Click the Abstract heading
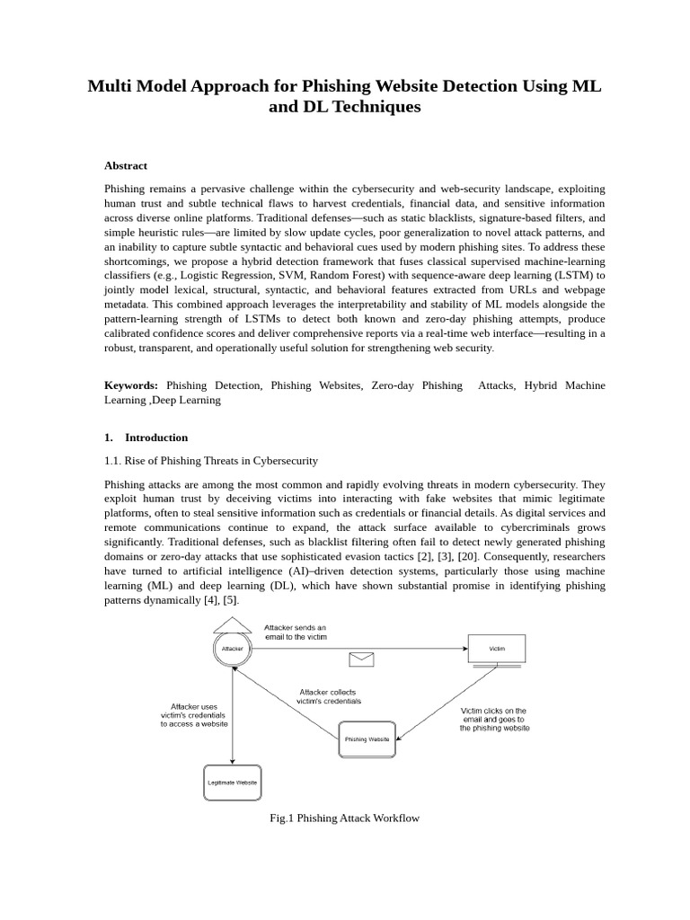click(x=126, y=165)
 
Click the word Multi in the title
click(x=111, y=86)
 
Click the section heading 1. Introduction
click(x=146, y=438)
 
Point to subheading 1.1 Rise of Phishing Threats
click(x=211, y=461)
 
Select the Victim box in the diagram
click(x=497, y=648)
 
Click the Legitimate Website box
click(x=233, y=783)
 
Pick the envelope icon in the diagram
click(x=361, y=660)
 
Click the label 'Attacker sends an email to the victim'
click(x=296, y=632)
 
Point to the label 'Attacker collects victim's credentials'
click(x=329, y=696)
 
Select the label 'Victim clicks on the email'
click(x=494, y=719)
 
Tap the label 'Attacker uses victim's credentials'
click(x=194, y=714)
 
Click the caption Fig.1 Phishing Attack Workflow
click(x=344, y=818)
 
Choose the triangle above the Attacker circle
click(x=233, y=624)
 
